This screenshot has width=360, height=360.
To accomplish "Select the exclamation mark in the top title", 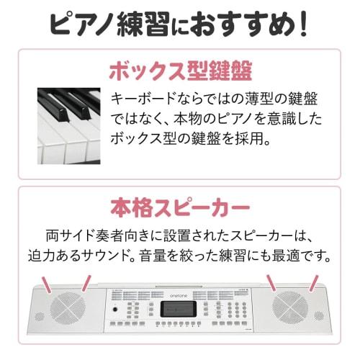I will tap(303, 24).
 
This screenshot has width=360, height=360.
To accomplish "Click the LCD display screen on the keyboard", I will tap(179, 309).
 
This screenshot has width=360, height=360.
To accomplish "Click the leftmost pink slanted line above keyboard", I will tap(45, 282).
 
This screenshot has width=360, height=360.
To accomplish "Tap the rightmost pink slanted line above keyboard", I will tap(314, 282).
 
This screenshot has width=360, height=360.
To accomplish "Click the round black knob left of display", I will tap(115, 310).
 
